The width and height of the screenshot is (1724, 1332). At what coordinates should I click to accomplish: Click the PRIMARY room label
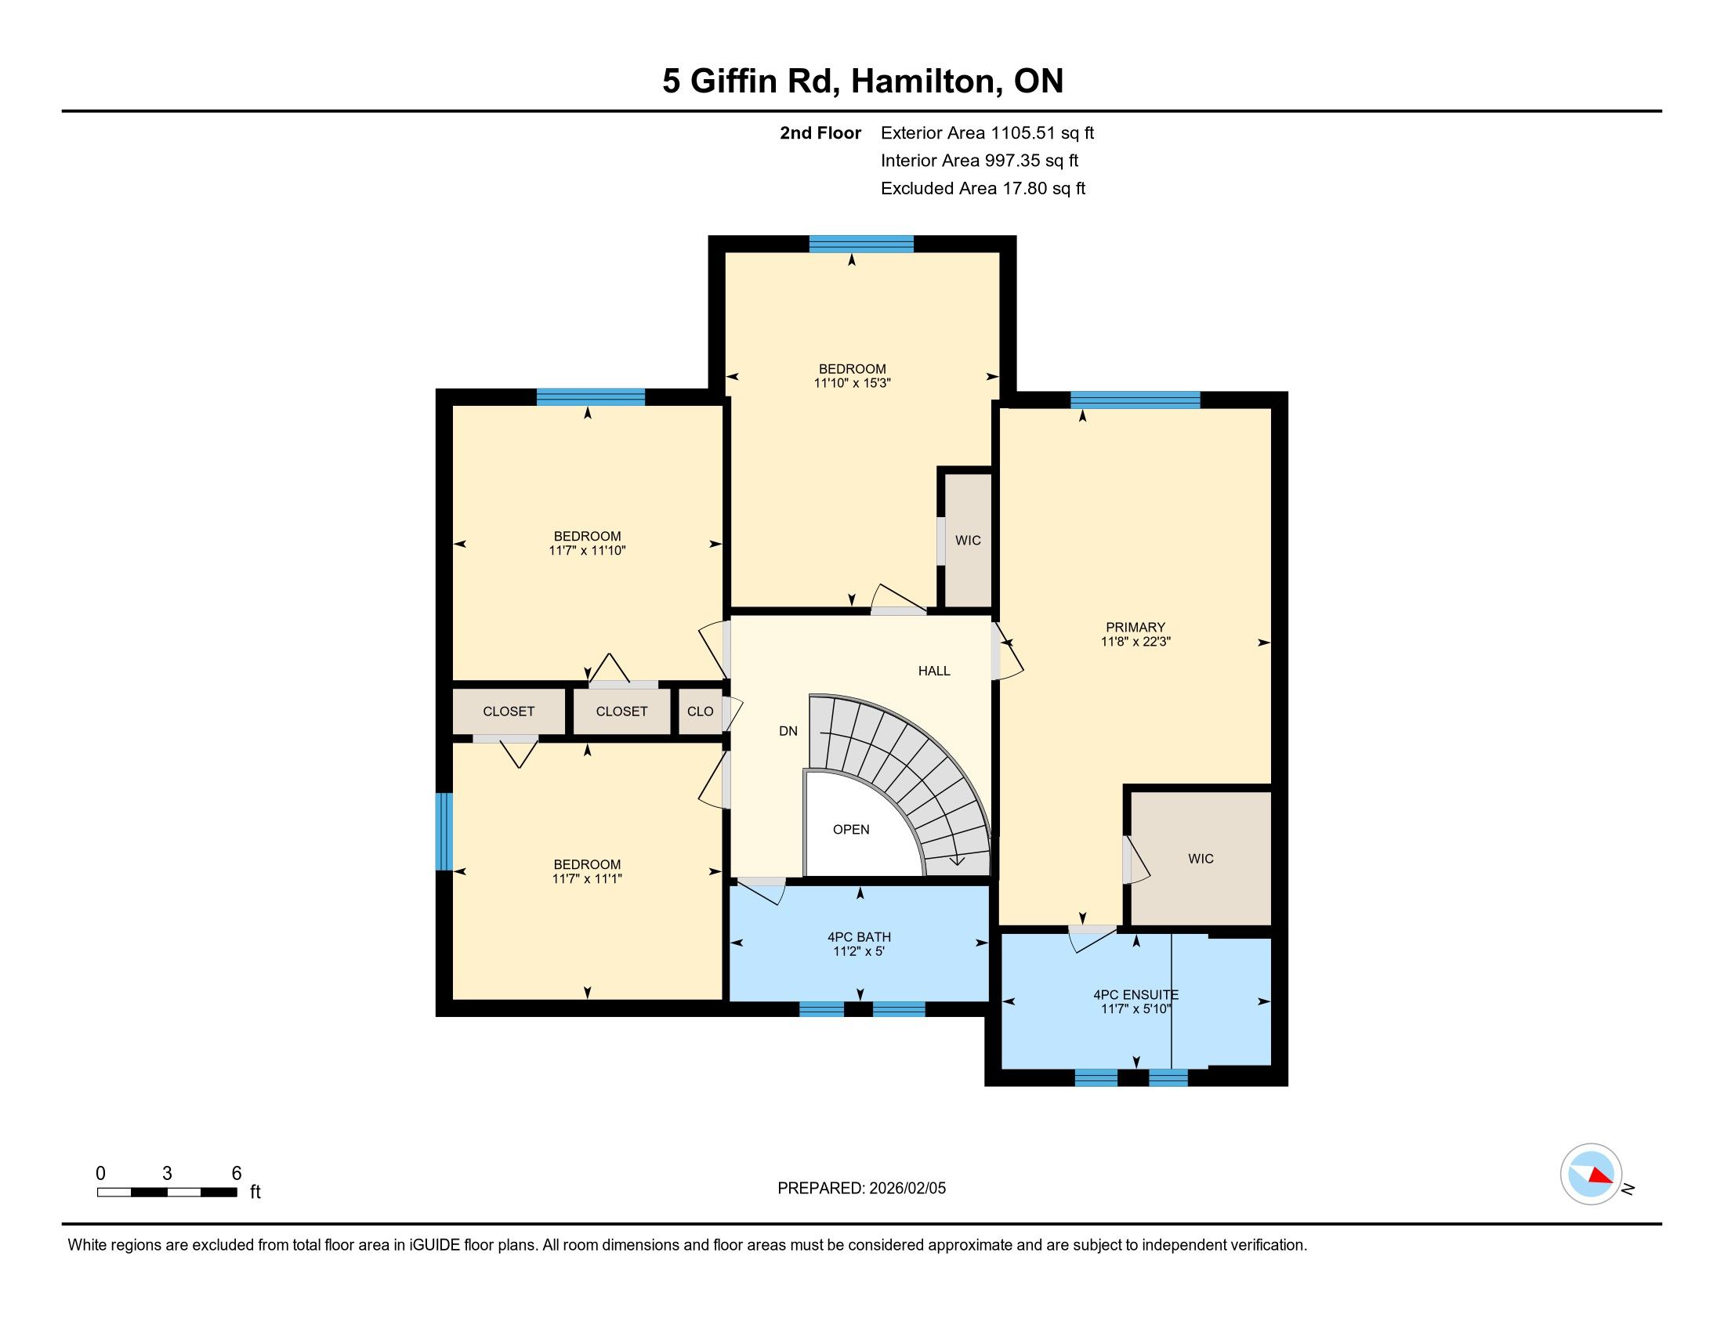point(1135,628)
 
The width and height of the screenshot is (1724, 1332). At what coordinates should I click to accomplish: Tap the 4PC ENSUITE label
point(1135,995)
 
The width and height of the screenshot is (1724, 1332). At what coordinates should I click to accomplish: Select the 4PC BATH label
point(859,936)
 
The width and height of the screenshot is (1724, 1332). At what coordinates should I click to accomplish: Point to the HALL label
point(934,671)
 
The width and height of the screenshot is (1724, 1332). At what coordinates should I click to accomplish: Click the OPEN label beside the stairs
point(851,829)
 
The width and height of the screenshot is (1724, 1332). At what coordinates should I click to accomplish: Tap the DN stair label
point(788,731)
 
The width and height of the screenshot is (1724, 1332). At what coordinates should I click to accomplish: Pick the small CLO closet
point(700,711)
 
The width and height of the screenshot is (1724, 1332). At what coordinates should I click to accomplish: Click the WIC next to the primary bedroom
point(1201,858)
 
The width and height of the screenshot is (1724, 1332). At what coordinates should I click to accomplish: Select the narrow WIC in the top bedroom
point(968,540)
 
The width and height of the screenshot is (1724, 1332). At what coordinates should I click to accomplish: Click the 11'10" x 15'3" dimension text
point(852,383)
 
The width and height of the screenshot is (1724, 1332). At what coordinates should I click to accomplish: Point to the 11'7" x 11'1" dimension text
point(586,878)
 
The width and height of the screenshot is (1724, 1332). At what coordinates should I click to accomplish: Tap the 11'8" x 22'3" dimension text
point(1135,642)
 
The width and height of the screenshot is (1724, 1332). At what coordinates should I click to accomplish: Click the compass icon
point(1592,1175)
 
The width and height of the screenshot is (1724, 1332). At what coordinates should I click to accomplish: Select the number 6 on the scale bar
point(236,1173)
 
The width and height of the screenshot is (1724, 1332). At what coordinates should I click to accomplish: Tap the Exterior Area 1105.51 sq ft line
point(987,132)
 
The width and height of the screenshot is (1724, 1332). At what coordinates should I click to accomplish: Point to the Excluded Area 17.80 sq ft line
point(983,188)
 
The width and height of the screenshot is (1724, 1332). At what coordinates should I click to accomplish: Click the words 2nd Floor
point(820,132)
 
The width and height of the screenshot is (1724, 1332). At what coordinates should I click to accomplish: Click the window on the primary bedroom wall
point(1135,400)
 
